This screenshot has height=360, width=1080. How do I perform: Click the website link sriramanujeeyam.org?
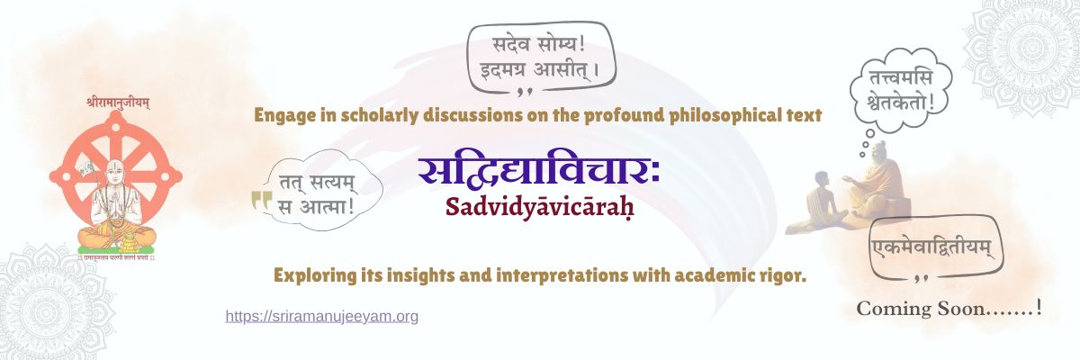pyautogui.click(x=321, y=317)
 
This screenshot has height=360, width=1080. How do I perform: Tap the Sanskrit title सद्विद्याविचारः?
pyautogui.click(x=538, y=171)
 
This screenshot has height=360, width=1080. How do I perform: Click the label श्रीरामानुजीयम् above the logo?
pyautogui.click(x=118, y=102)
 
